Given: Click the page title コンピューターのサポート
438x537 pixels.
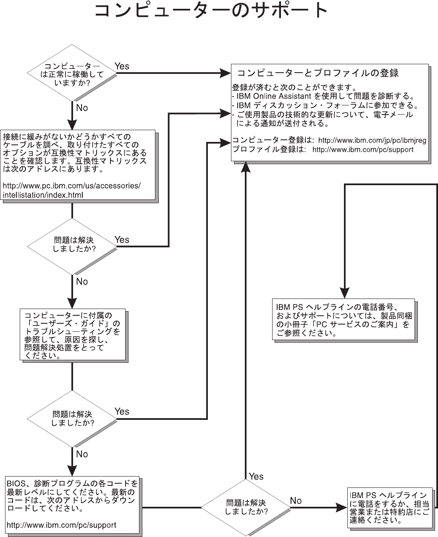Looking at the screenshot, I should (x=211, y=12).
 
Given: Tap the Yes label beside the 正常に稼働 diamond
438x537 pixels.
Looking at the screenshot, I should (x=122, y=66).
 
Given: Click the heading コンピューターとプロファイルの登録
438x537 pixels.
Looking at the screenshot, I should (x=318, y=73).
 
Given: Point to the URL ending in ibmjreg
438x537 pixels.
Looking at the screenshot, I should (x=372, y=141).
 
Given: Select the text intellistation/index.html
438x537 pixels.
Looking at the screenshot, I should (x=43, y=195).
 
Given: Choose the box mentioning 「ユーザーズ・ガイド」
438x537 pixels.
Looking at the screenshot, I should (x=73, y=335).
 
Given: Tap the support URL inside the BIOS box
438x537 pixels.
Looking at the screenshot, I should (x=61, y=525).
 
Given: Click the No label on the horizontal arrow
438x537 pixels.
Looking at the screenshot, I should (x=296, y=500).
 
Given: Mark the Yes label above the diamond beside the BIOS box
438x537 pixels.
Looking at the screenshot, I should (x=256, y=476).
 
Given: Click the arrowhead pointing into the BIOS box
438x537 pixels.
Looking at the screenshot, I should (x=72, y=470).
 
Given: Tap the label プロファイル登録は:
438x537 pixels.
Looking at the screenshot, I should (x=269, y=149).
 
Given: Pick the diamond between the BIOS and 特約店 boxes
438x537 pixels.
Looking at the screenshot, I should (x=246, y=508).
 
